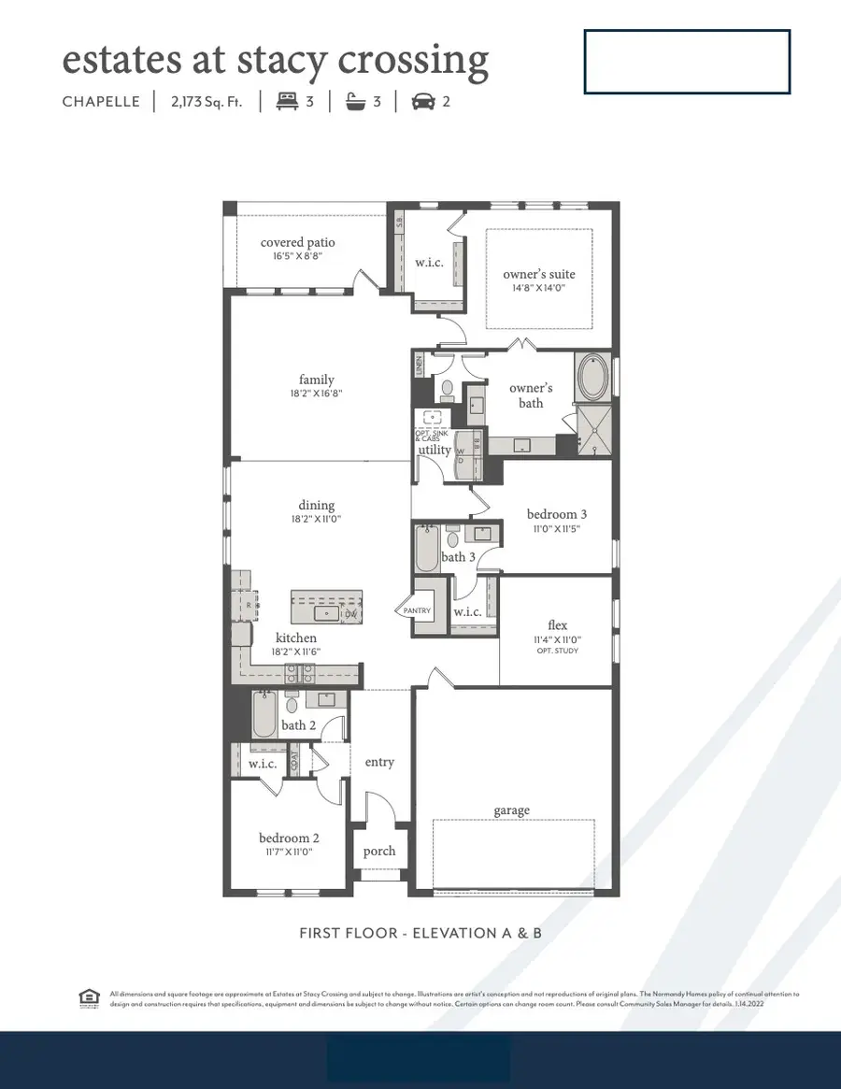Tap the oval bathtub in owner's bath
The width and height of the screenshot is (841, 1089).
[595, 378]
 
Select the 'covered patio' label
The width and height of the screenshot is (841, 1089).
[297, 243]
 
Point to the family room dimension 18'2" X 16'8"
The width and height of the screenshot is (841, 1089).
[316, 394]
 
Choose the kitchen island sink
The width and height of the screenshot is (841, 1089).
[326, 613]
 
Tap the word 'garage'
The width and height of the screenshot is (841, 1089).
[511, 810]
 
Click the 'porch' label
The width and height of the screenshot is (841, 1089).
[379, 851]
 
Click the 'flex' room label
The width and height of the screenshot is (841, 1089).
[558, 625]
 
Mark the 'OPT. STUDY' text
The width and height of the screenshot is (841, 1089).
[558, 651]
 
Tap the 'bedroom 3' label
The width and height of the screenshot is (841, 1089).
[557, 514]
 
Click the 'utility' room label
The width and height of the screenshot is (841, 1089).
[435, 450]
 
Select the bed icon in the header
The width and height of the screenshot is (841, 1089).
[285, 101]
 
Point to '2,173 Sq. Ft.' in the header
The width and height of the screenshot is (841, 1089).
[207, 102]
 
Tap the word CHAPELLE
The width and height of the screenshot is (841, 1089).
[101, 102]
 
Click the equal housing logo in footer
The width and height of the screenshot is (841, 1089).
[89, 998]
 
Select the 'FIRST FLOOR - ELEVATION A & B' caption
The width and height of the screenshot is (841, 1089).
[420, 933]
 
